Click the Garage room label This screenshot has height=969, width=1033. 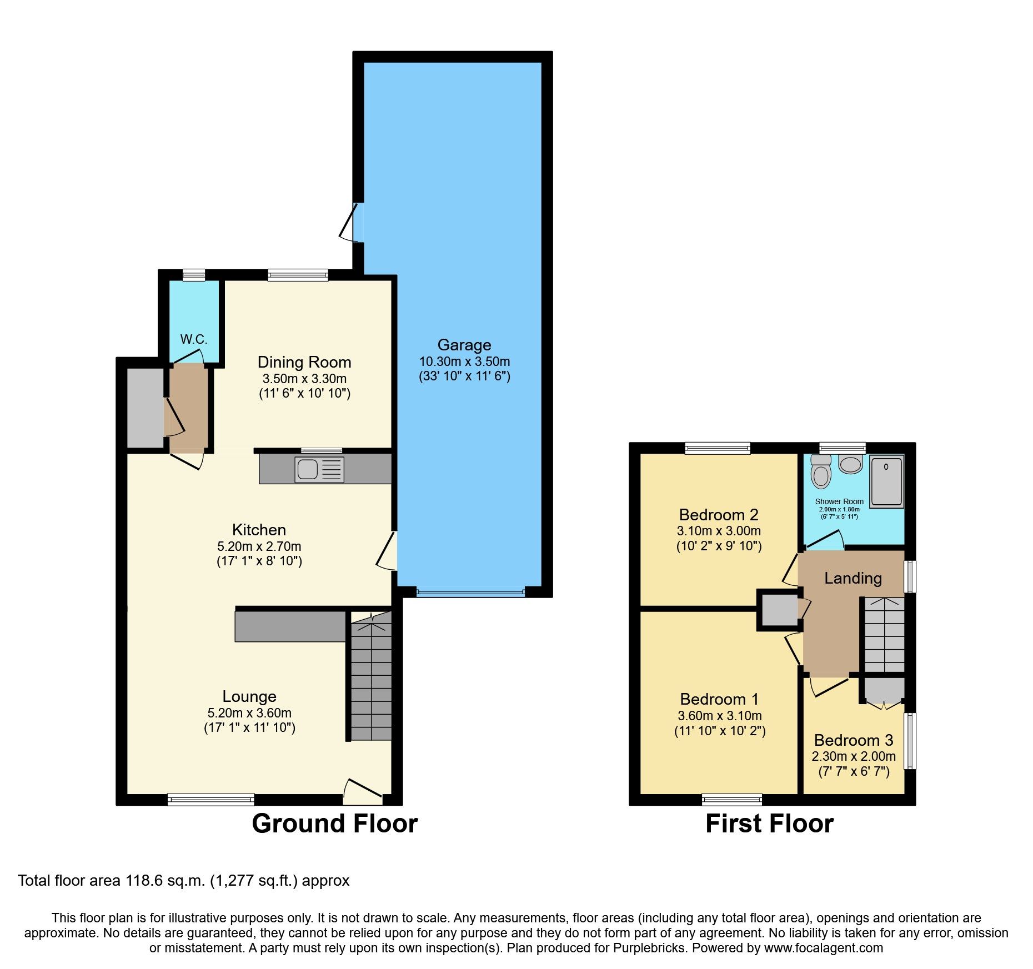[x=464, y=345]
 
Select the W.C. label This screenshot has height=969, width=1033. [x=193, y=339]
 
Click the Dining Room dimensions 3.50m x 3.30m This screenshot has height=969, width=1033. [x=304, y=379]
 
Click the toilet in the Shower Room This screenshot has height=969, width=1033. [x=820, y=473]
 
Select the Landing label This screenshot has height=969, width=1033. [x=853, y=578]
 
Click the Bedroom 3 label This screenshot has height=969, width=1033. [x=853, y=740]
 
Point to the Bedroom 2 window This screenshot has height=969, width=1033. [x=718, y=448]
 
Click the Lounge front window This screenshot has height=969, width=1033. [x=211, y=800]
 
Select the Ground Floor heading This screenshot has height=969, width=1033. [x=334, y=823]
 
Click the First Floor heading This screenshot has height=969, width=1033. [x=769, y=823]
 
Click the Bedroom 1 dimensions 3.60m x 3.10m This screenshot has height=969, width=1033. [x=719, y=716]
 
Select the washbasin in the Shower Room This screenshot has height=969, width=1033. [x=850, y=464]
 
